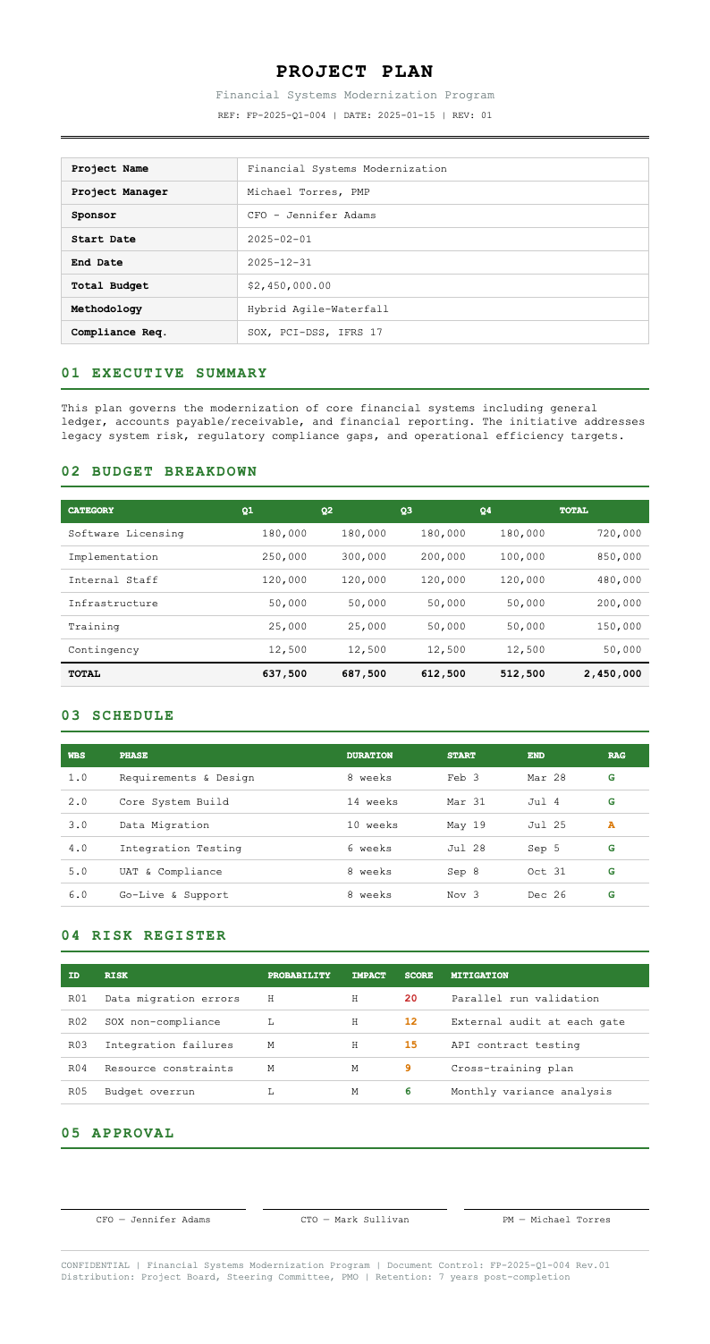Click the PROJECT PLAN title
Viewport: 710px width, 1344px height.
[354, 72]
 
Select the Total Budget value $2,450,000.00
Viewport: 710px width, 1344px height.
[289, 286]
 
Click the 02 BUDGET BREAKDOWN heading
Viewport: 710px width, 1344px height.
[159, 471]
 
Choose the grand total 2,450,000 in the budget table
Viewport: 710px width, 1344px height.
[612, 672]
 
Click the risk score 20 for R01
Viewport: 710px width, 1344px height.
[411, 999]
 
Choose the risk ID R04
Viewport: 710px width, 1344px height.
[78, 1069]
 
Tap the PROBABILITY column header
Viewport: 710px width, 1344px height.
[300, 975]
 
